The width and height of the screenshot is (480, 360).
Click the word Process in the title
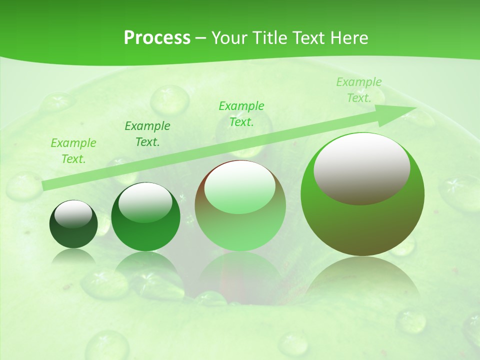[x=157, y=38]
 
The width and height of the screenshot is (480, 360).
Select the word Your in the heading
[x=228, y=38]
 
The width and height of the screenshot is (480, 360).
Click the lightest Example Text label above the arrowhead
[x=359, y=90]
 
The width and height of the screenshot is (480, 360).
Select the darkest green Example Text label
[x=147, y=134]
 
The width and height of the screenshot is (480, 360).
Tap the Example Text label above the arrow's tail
[x=73, y=151]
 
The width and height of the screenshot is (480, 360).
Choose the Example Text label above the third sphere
[x=241, y=114]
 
